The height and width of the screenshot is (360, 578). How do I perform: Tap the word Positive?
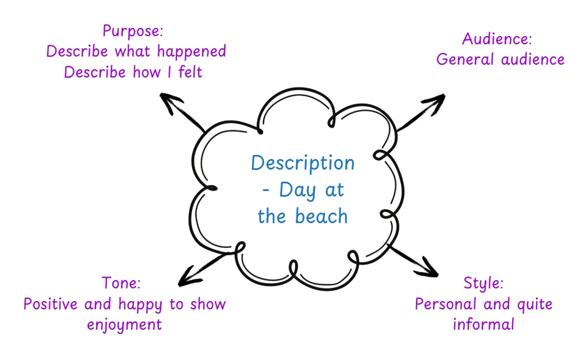[x=51, y=304]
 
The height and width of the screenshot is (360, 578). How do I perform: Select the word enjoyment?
[x=125, y=325]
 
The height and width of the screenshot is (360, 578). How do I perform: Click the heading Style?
[x=483, y=284]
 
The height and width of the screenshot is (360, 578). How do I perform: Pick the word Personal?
[x=444, y=304]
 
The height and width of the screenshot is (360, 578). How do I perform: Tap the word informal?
[x=483, y=324]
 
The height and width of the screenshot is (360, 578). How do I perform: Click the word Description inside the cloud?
[x=303, y=163]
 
